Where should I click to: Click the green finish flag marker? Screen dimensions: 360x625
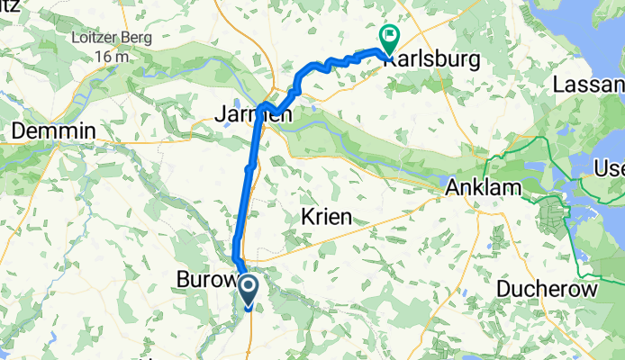pyautogui.click(x=390, y=39)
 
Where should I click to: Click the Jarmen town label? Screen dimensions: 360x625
pyautogui.click(x=241, y=113)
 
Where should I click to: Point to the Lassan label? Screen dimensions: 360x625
pyautogui.click(x=593, y=84)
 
